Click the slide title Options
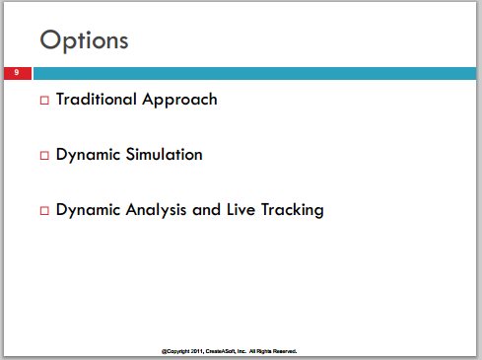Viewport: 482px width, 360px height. click(84, 40)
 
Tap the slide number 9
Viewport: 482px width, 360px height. click(17, 72)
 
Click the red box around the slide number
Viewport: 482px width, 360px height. click(18, 73)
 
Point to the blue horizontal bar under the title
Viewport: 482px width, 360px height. click(254, 73)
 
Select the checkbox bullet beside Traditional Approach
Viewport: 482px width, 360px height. click(44, 100)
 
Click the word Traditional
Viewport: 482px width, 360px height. click(97, 99)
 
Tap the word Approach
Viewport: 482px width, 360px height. click(179, 100)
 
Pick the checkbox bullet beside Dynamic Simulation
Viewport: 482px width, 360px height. click(44, 155)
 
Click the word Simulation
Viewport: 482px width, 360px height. click(165, 154)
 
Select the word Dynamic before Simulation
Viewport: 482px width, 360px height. click(88, 155)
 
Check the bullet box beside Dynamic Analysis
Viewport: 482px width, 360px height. click(44, 210)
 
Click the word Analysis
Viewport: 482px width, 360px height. click(156, 210)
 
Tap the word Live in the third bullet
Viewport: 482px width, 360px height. click(241, 210)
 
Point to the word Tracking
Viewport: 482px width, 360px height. click(293, 210)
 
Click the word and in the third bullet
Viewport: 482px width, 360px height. click(206, 210)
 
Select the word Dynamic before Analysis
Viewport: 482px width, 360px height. click(88, 210)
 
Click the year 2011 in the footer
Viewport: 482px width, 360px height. click(197, 351)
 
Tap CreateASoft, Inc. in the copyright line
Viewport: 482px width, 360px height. click(226, 351)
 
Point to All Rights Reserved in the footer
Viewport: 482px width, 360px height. click(273, 351)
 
